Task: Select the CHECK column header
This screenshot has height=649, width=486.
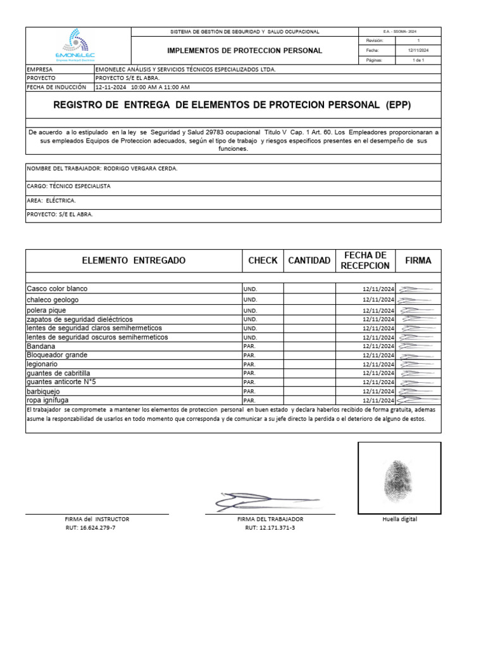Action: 263,260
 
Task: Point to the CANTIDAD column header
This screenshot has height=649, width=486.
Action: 309,260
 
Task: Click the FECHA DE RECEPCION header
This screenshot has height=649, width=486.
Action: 365,260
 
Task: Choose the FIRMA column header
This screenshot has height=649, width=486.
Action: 418,260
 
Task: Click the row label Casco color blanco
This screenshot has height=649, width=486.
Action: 57,289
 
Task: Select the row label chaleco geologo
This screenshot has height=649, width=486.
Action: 53,300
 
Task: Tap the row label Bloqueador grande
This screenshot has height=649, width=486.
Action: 57,356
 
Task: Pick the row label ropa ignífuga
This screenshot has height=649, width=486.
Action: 47,401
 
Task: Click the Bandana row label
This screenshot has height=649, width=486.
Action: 40,347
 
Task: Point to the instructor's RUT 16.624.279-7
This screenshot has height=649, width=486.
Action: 90,527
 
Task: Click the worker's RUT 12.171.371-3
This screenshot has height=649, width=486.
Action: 270,527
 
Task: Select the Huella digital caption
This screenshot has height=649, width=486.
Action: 400,519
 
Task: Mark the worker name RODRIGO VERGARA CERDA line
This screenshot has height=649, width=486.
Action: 102,169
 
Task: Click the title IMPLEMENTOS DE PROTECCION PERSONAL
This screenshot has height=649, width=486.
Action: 244,50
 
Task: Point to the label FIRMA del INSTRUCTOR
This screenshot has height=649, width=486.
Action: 92,519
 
